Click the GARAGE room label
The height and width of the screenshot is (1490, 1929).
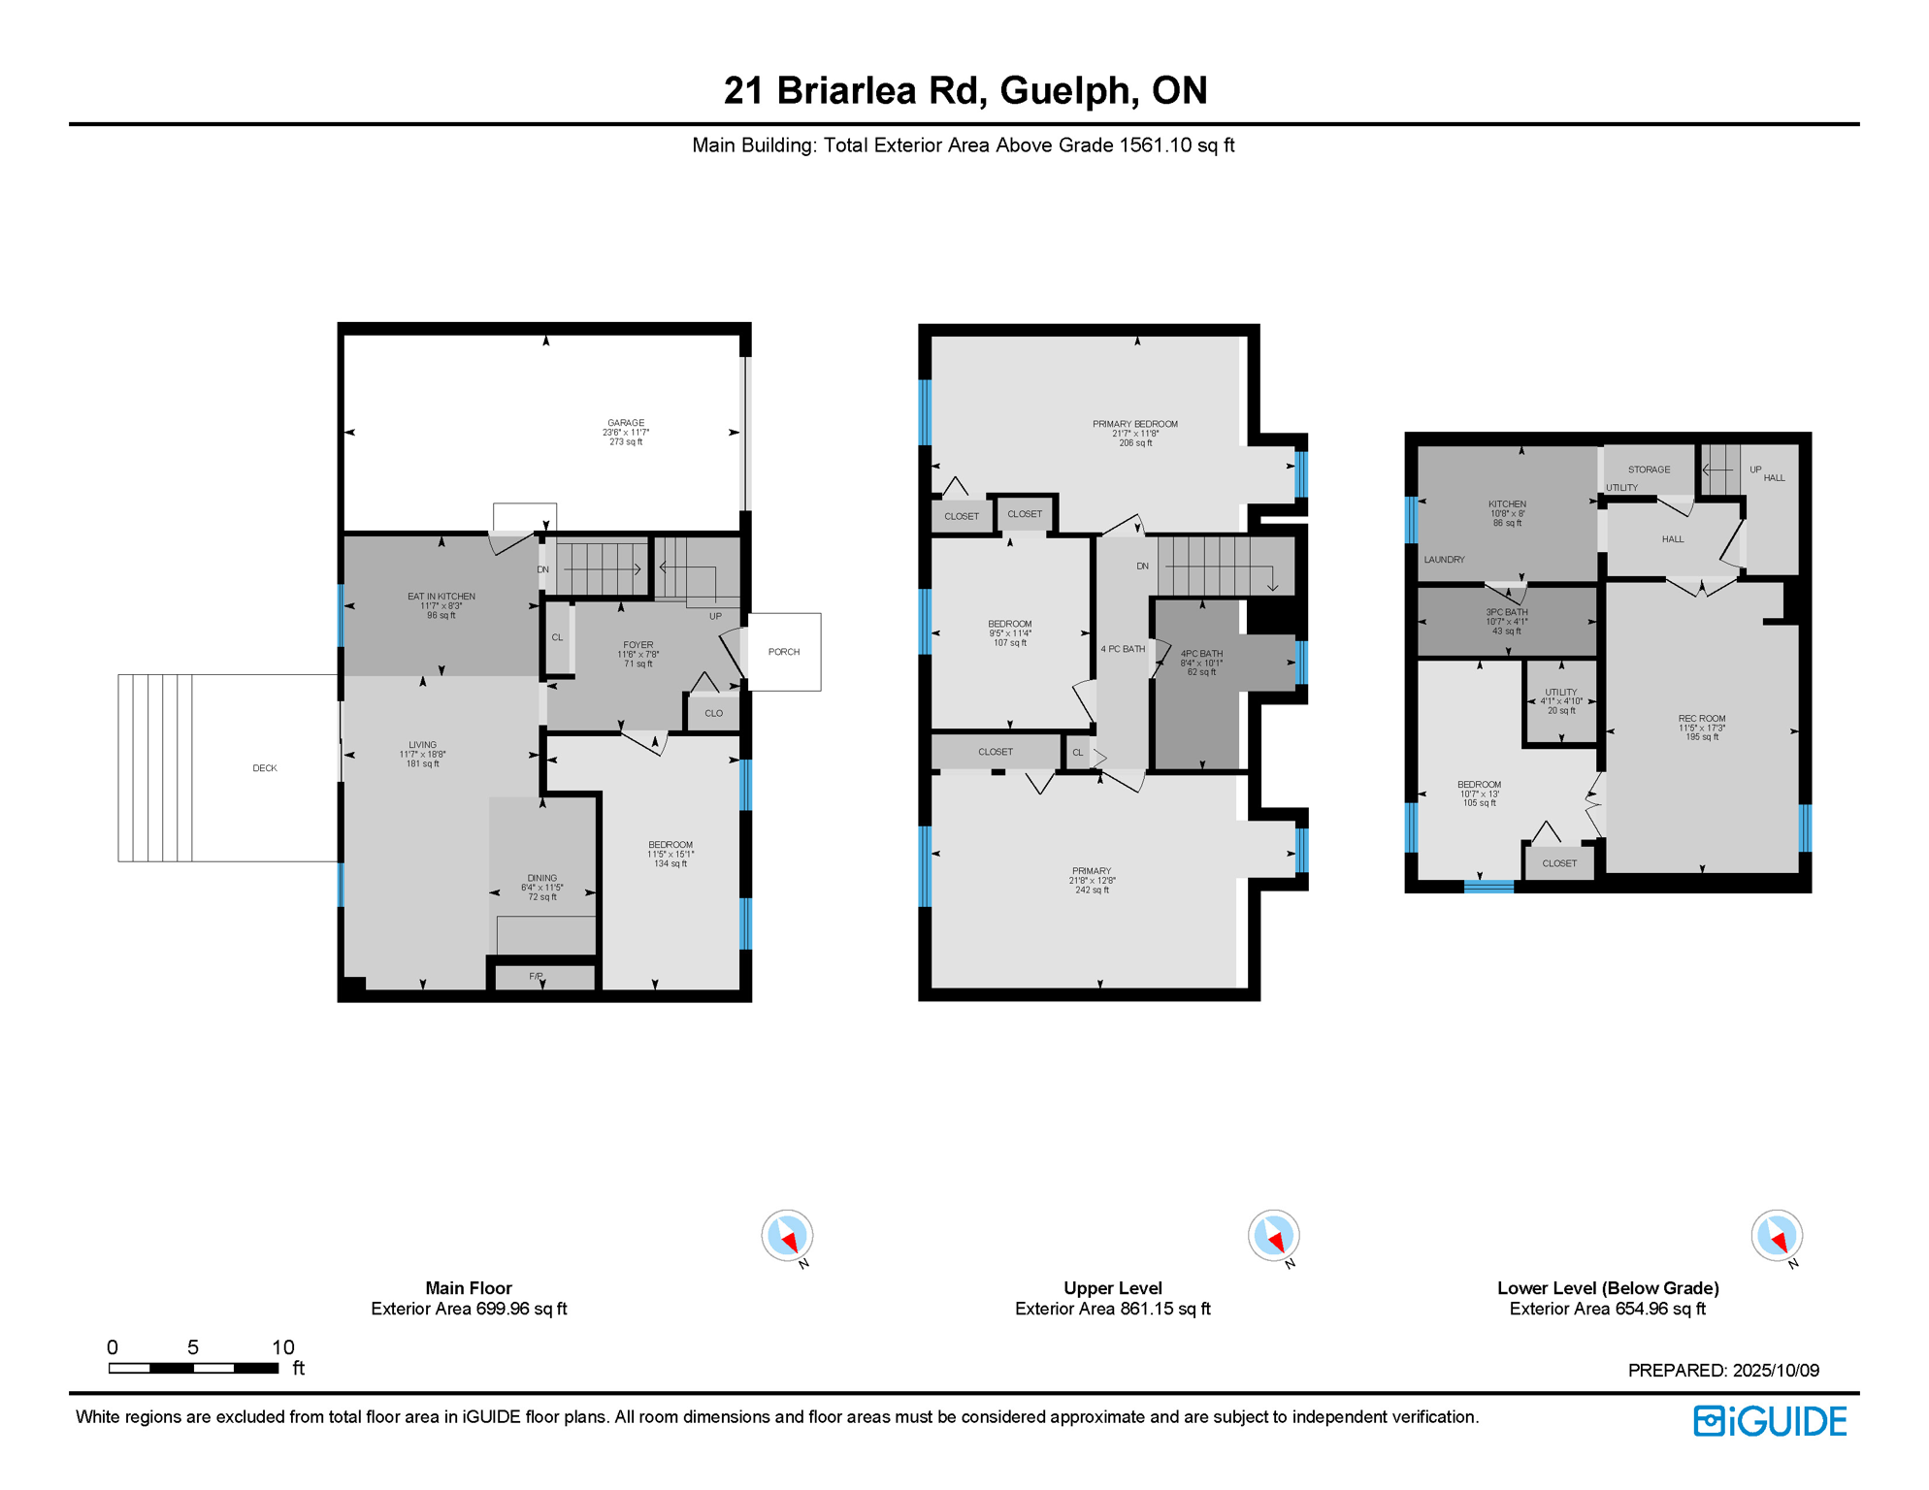tap(626, 424)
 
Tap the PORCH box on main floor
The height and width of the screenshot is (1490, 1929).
tap(784, 652)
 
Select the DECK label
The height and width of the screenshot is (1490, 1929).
tap(265, 768)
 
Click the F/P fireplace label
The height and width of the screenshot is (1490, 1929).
tap(536, 976)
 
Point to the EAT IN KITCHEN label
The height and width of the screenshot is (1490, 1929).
tap(441, 598)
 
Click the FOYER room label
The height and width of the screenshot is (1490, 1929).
tap(638, 645)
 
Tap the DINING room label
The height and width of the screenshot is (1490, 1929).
tap(542, 879)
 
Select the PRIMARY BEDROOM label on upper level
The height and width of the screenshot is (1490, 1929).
tap(1135, 425)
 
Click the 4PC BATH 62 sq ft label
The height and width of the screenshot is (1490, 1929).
tap(1201, 655)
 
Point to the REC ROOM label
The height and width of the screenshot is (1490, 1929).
tap(1702, 719)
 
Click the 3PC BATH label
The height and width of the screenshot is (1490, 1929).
tap(1507, 613)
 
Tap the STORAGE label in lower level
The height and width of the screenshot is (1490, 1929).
tap(1649, 470)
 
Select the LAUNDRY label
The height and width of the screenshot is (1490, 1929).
tap(1444, 560)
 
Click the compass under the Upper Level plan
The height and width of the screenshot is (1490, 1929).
tap(1273, 1236)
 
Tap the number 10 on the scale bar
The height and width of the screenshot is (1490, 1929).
tap(282, 1347)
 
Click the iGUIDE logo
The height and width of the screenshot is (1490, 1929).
tap(1770, 1421)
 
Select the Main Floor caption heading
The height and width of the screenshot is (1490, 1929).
tap(469, 1288)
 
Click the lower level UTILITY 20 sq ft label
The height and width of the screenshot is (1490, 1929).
tap(1560, 693)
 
